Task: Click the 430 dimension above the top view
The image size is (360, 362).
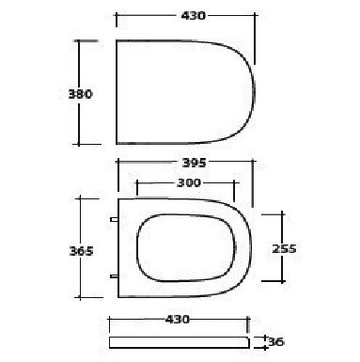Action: pyautogui.click(x=194, y=15)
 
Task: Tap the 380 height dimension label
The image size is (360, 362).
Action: pyautogui.click(x=80, y=94)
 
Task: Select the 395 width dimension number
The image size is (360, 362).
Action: pyautogui.click(x=195, y=163)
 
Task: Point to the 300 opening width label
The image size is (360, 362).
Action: pyautogui.click(x=189, y=182)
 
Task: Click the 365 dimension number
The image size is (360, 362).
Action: pyautogui.click(x=81, y=251)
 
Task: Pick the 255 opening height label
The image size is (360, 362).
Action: pyautogui.click(x=284, y=248)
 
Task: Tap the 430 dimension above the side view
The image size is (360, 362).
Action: pyautogui.click(x=178, y=320)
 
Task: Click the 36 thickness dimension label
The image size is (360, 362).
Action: pyautogui.click(x=276, y=341)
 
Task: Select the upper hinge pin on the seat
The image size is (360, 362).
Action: pyautogui.click(x=114, y=219)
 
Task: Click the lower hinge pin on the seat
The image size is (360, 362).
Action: pyautogui.click(x=114, y=276)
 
